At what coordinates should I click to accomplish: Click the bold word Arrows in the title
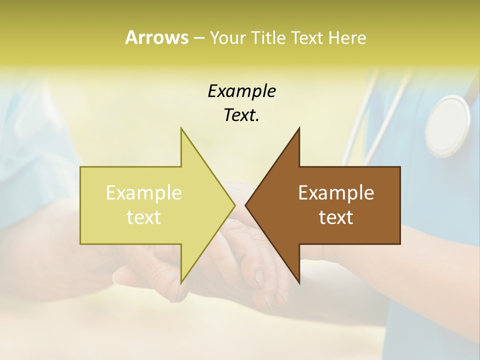(156, 37)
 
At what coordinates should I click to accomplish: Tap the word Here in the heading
(347, 37)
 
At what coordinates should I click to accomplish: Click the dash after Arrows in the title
(198, 38)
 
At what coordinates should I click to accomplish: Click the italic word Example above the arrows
(241, 91)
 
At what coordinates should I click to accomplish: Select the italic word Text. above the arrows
(241, 115)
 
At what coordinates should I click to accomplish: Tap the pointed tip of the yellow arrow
(234, 205)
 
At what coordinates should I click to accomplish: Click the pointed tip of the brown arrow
(246, 205)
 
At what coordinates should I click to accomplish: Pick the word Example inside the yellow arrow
(144, 192)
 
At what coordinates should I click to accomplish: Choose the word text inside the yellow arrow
(144, 217)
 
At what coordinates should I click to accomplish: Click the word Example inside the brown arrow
(336, 192)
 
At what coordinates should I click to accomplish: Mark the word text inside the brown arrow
(336, 217)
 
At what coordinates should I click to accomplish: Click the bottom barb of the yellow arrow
(182, 280)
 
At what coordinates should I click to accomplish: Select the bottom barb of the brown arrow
(298, 280)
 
